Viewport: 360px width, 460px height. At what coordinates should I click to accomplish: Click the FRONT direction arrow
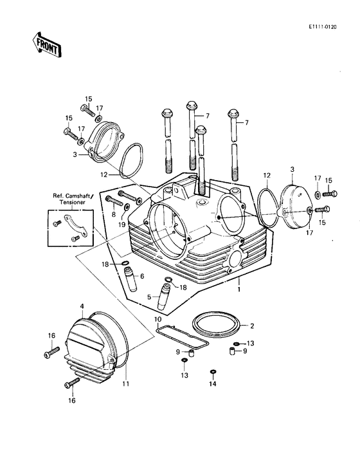coord(46,46)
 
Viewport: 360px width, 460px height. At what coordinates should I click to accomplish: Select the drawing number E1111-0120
coord(331,28)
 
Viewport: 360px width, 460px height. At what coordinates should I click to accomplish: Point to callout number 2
coord(252,326)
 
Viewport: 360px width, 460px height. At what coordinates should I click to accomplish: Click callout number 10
coord(157,319)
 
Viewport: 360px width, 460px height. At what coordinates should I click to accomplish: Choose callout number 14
coord(213,384)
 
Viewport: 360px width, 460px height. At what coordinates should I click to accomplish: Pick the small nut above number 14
coord(213,372)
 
